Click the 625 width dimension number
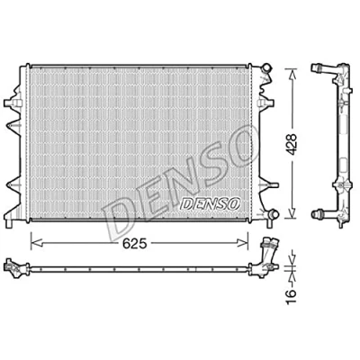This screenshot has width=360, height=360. pos(135,244)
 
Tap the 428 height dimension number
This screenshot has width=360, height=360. pos(290,144)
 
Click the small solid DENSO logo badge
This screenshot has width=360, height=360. pos(211,203)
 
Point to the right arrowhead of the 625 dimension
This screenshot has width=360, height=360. pos(242,243)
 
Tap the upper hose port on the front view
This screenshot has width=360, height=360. pos(265,67)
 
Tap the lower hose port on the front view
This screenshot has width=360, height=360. pos(273,214)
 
